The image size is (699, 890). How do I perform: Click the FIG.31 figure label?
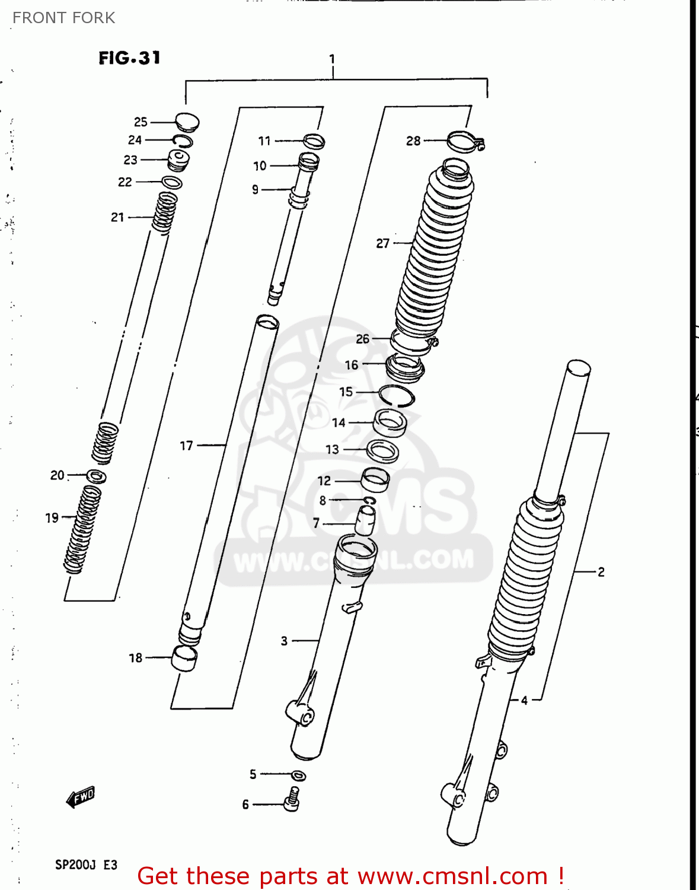129,58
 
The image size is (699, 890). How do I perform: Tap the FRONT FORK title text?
63,18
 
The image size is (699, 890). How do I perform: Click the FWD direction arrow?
81,797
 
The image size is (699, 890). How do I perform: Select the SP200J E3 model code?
86,864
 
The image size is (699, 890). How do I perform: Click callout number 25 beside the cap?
141,122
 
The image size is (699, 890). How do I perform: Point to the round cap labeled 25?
187,121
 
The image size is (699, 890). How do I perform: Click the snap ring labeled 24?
183,141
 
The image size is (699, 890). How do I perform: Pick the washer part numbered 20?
96,476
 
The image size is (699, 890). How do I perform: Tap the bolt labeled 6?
292,799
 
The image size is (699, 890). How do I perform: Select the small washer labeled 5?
299,775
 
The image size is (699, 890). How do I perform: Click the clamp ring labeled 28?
465,141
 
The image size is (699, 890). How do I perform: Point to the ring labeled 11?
314,141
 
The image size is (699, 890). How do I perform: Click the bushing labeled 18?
184,658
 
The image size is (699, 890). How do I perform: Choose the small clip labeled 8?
369,501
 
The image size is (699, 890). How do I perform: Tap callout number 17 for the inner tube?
186,445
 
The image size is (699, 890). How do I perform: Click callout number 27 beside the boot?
382,243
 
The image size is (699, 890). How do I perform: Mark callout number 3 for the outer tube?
284,641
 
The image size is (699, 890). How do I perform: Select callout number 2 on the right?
601,572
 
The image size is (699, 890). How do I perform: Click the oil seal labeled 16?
405,367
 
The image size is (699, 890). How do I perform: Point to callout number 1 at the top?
332,59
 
